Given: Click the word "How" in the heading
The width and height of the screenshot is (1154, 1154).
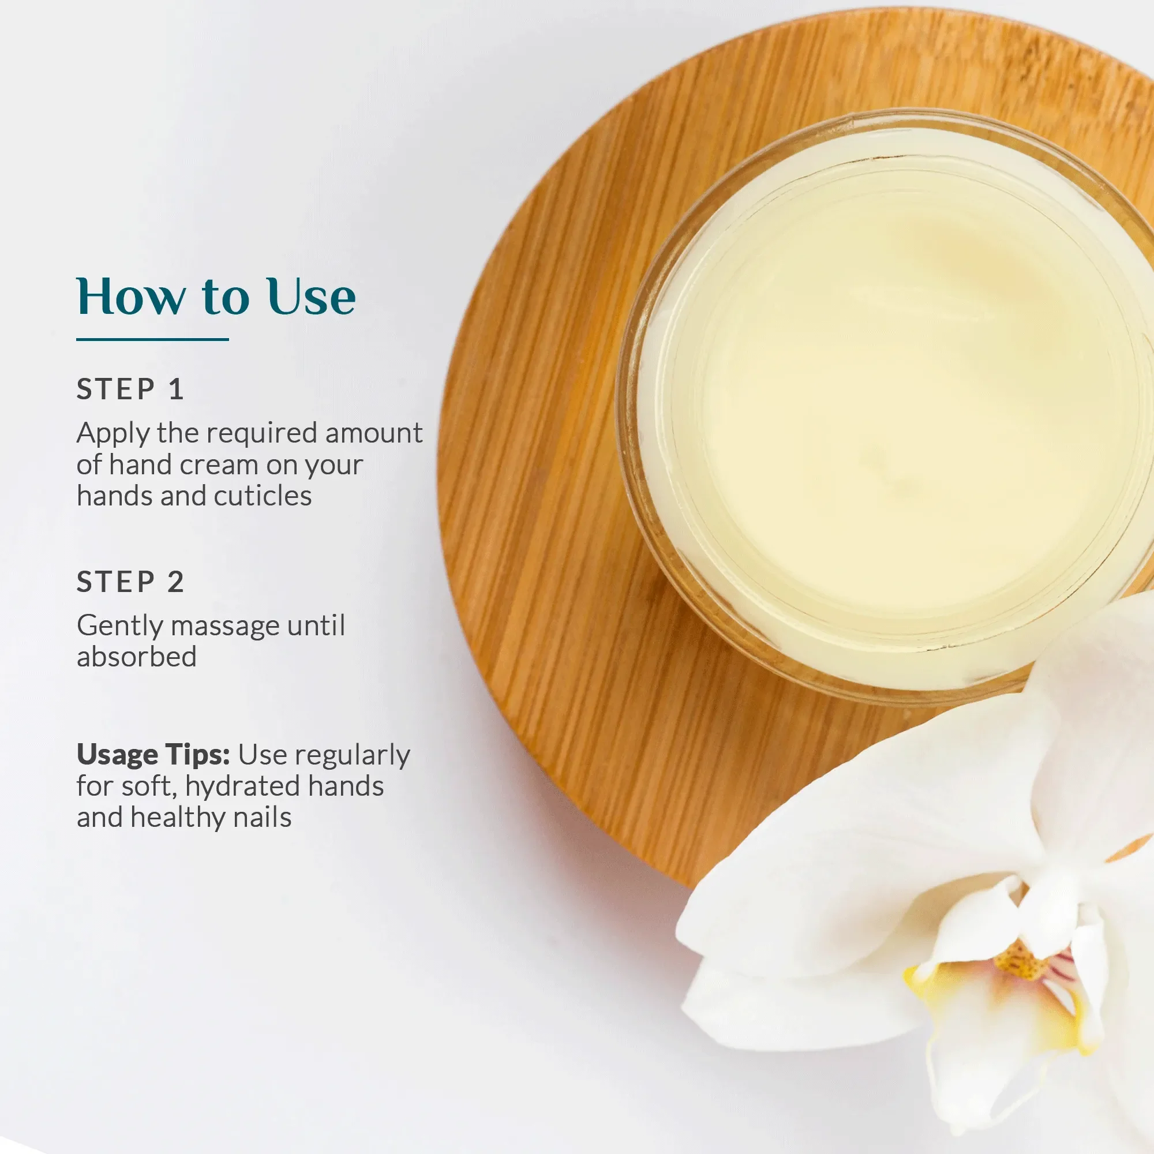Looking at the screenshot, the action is click(131, 296).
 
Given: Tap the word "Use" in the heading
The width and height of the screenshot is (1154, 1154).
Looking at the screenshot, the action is click(311, 296).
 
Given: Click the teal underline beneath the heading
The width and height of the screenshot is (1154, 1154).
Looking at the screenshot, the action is click(152, 339).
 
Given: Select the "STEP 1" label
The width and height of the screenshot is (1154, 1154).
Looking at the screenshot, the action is click(130, 389).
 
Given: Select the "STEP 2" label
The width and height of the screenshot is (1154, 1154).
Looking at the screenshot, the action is click(130, 582).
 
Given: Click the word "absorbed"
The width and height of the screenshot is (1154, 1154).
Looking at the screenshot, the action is click(137, 657).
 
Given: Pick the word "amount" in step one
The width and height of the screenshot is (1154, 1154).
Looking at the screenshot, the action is click(374, 434).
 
